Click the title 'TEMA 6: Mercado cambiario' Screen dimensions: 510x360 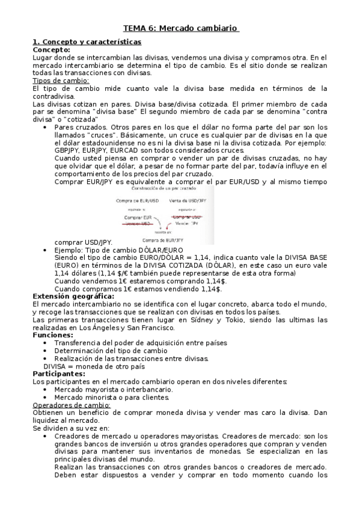tap(180, 28)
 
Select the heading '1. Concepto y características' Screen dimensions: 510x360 tap(87, 41)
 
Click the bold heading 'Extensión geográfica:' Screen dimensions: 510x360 tap(73, 296)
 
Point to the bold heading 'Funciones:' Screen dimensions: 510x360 tap(52, 335)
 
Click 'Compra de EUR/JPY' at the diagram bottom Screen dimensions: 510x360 tap(163, 239)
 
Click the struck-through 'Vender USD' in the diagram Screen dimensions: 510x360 tap(138, 223)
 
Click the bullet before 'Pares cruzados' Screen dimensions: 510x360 tap(46, 127)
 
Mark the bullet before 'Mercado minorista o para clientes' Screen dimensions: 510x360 tap(46, 398)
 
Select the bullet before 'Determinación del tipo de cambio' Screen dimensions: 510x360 tap(46, 351)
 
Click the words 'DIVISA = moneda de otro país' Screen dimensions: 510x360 tap(93, 366)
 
